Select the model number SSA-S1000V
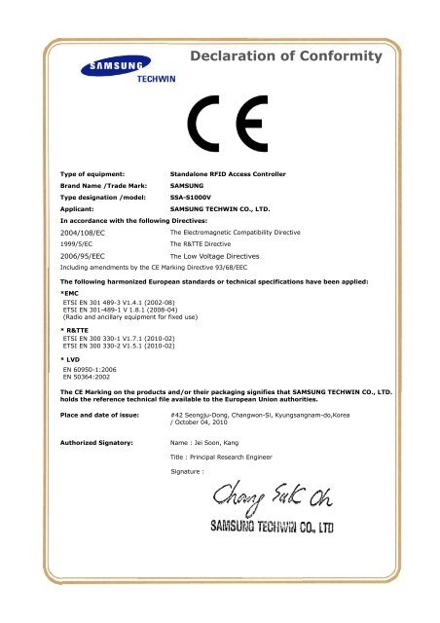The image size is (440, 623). (193, 196)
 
